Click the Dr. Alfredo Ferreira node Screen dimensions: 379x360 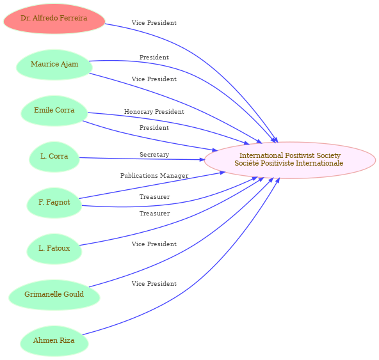[54, 19]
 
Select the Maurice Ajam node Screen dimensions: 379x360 [54, 65]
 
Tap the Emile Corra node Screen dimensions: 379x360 [54, 111]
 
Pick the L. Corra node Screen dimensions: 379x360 [54, 157]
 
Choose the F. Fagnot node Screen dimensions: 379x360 [54, 203]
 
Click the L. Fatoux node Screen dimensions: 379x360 [54, 249]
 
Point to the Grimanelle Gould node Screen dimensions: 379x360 [54, 295]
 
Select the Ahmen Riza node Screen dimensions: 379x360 [54, 341]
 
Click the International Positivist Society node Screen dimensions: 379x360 [290, 160]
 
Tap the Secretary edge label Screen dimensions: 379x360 [154, 155]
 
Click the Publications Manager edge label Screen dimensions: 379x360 [154, 176]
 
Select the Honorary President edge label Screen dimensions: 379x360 [154, 112]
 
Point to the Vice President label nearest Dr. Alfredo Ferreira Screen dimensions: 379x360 [154, 23]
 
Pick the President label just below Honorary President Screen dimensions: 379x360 [154, 127]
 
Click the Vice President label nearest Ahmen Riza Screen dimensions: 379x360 [154, 284]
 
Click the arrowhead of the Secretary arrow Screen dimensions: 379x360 [202, 160]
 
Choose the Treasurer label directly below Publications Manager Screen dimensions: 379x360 [155, 197]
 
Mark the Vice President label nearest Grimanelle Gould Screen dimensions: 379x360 [154, 244]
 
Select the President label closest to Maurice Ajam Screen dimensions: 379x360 [154, 58]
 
